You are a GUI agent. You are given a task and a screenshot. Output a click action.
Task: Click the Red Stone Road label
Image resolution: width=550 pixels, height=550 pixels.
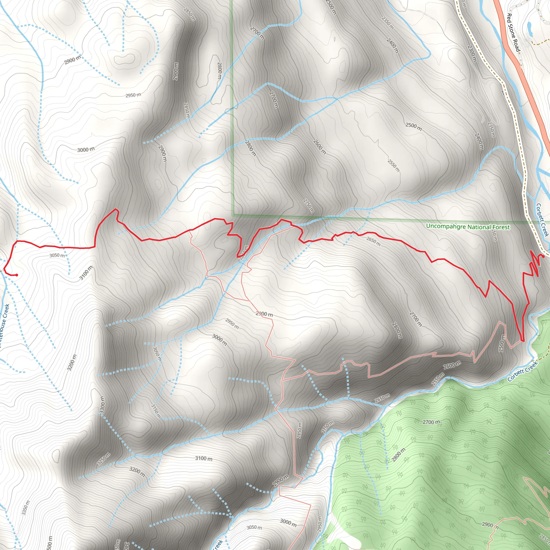point(513,33)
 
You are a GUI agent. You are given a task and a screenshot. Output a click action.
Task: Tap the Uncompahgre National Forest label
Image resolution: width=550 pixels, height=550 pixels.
point(468,227)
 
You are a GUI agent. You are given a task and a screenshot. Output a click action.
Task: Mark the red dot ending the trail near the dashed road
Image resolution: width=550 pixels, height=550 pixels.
point(543,256)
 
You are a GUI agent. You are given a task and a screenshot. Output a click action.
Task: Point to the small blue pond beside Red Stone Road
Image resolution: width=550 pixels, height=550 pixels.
point(530,29)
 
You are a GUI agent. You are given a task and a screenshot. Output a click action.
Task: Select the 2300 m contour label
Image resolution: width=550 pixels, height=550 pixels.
point(472,53)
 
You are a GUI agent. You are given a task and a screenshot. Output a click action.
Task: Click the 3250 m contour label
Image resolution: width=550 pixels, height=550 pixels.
point(104,459)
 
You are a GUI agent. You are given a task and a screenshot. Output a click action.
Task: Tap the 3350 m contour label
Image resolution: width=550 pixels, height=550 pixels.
point(25,508)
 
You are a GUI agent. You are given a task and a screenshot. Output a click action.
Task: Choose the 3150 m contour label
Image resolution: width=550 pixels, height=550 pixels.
point(156,411)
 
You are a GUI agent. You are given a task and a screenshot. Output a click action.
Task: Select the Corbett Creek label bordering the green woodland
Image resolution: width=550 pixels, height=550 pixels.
point(523,371)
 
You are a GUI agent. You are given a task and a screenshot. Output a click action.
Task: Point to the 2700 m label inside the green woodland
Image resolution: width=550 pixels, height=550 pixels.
point(431,422)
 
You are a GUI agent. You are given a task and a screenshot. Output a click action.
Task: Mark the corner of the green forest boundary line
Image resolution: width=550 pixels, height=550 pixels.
point(233,215)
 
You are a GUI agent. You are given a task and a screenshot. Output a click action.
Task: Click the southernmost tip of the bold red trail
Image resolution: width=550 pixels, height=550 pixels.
point(523,341)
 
